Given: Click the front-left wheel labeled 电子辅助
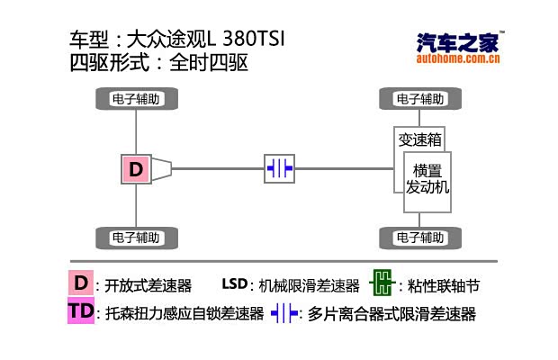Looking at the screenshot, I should click(136, 98).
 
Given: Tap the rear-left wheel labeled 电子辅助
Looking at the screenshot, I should click(136, 238).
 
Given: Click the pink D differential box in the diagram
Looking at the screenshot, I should click(136, 168).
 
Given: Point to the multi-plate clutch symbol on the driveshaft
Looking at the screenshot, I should click(279, 168).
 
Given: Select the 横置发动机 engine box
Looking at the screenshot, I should click(427, 179).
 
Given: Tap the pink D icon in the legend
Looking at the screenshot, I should click(81, 283).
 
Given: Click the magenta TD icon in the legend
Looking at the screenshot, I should click(81, 311).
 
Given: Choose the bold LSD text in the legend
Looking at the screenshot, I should click(233, 284).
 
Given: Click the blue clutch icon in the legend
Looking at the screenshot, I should click(284, 313).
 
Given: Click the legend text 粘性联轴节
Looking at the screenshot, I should click(438, 286).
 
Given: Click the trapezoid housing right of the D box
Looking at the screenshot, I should click(161, 168).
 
